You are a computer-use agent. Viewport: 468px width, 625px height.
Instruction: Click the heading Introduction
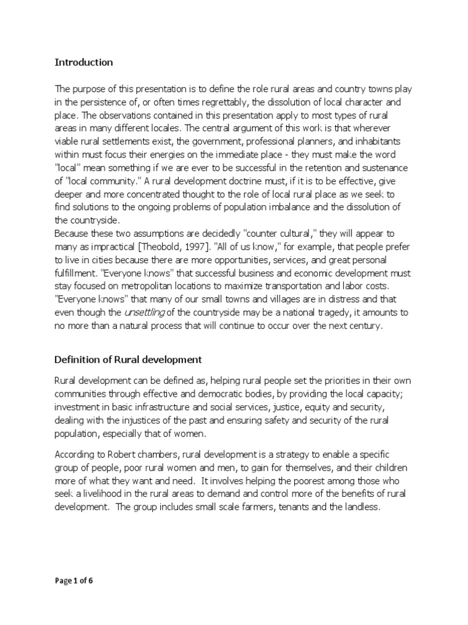click(x=83, y=62)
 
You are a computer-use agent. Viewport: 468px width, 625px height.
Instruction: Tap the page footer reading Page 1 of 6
click(x=74, y=581)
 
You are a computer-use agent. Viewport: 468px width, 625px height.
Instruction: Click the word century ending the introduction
click(x=362, y=327)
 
